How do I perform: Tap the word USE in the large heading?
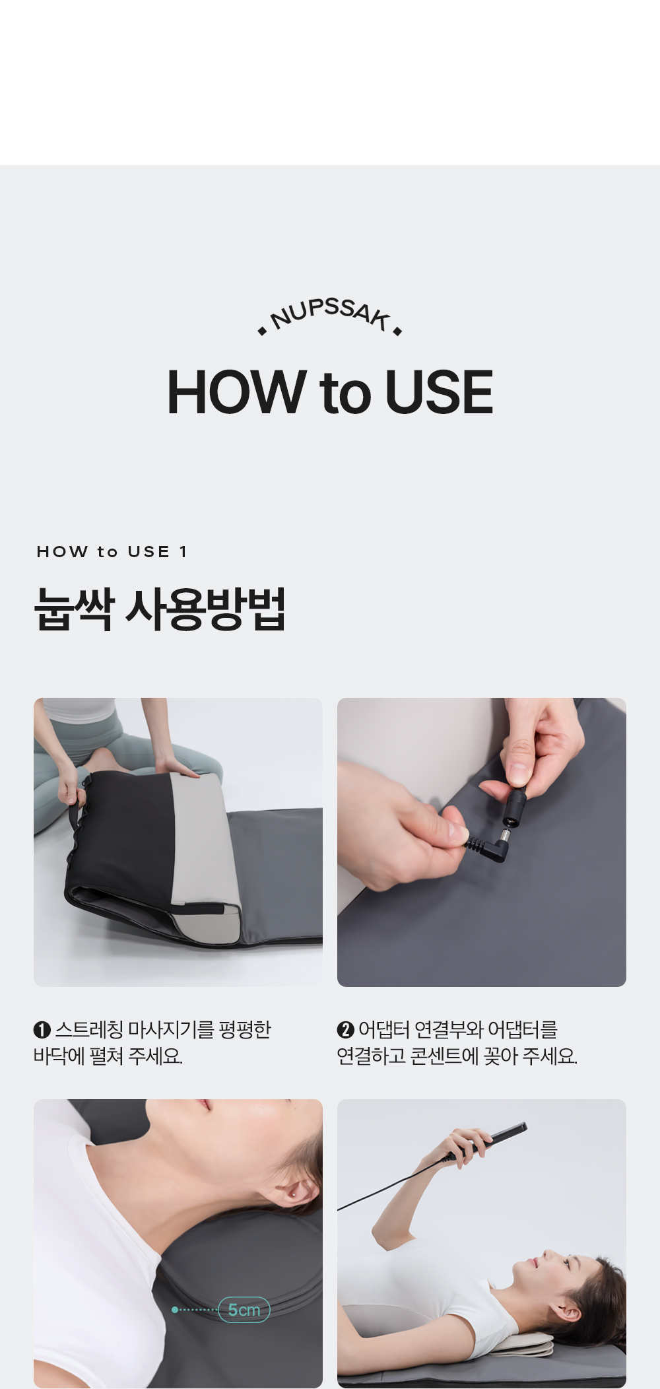coord(439,392)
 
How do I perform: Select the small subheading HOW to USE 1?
coord(112,552)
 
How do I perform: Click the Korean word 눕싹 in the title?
coord(74,609)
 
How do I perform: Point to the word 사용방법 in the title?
coord(205,609)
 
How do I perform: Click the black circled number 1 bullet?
coord(42,1030)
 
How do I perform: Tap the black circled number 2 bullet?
coord(346,1030)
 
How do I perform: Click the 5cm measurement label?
coord(244,1310)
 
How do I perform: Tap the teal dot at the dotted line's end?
coord(174,1310)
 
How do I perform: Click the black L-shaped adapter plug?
coord(490,846)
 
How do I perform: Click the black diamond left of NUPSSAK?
coord(263,331)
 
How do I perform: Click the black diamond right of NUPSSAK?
coord(397,331)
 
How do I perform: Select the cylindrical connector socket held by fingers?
coord(514,807)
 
